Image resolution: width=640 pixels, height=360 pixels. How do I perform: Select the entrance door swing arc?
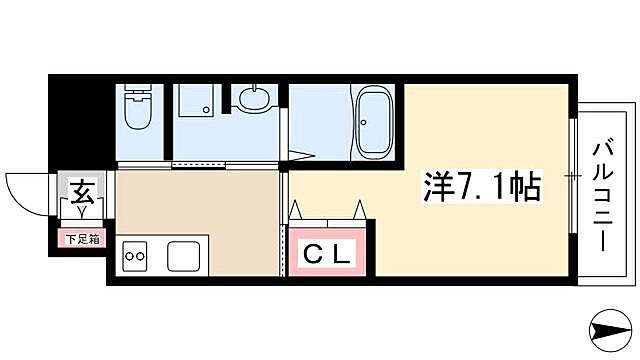pyautogui.click(x=28, y=190)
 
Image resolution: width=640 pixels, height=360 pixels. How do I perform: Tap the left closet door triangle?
pyautogui.click(x=296, y=210)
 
